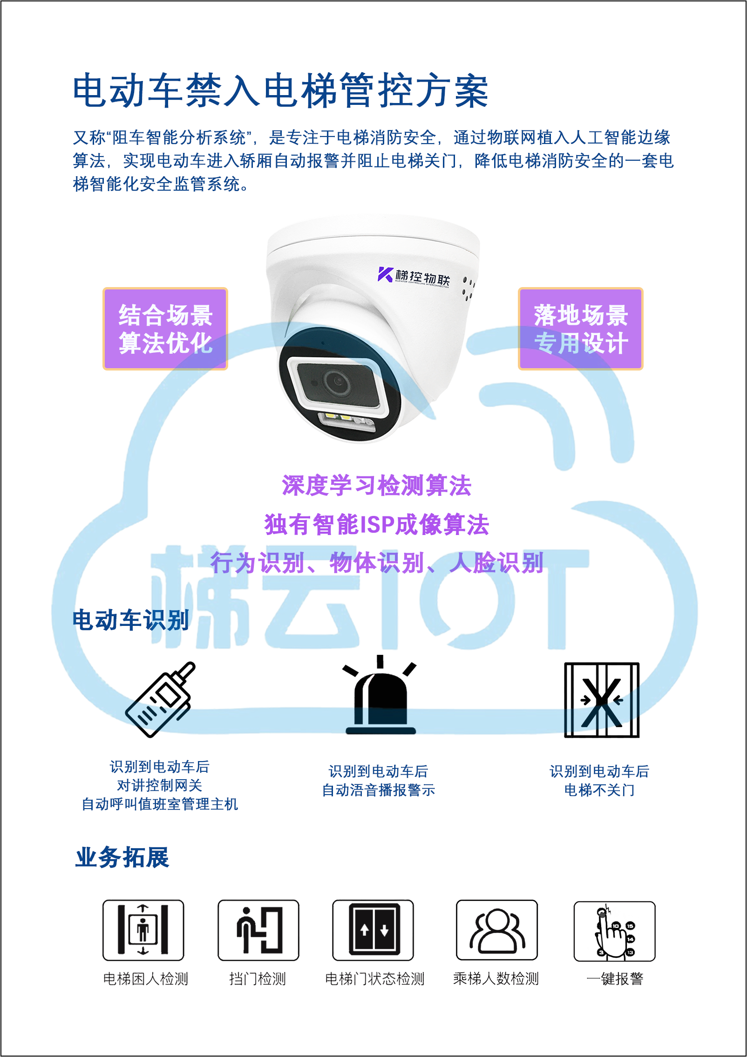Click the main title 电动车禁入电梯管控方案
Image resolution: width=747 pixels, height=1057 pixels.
[281, 90]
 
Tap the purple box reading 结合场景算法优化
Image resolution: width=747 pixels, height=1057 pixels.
[165, 329]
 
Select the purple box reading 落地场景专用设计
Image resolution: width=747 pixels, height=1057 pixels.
[580, 329]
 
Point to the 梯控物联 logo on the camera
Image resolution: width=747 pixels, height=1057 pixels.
[414, 276]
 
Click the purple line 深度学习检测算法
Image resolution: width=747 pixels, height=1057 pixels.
[377, 486]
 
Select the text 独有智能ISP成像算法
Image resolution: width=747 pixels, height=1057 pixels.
[377, 524]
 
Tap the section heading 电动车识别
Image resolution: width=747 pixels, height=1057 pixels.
[131, 620]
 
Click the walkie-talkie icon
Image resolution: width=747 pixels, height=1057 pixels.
[160, 699]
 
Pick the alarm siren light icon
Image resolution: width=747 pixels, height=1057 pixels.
[380, 694]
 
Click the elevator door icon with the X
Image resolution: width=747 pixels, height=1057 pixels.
[602, 700]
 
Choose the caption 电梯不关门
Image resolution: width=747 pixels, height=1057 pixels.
[599, 790]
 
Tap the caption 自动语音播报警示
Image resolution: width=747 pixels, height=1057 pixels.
[379, 790]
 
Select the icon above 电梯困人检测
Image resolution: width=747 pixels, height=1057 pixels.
[143, 930]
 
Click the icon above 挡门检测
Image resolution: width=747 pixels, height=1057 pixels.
[258, 930]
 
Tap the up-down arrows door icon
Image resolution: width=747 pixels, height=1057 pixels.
[373, 930]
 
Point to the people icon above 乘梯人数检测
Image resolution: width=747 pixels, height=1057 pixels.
[497, 930]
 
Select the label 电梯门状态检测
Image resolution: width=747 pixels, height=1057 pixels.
[375, 979]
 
